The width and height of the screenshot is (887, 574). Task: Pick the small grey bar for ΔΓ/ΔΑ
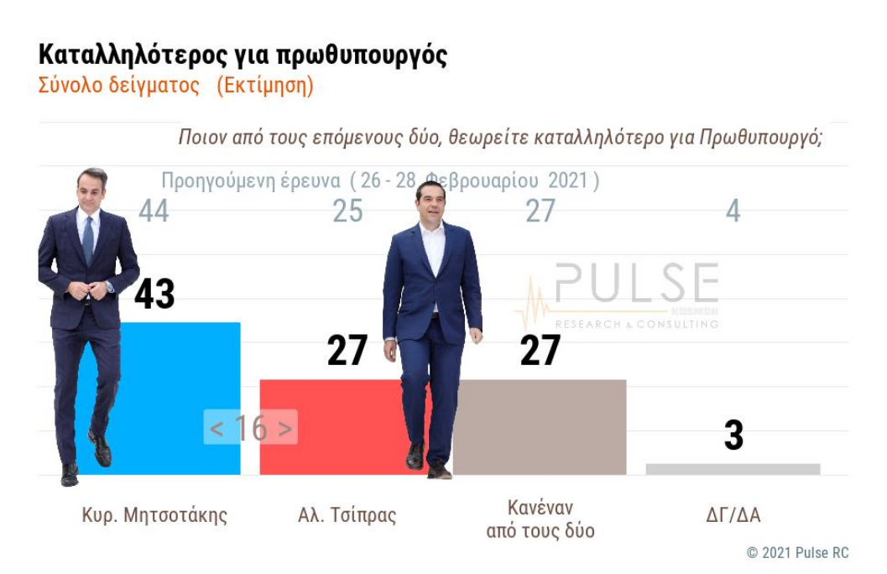pos(733,469)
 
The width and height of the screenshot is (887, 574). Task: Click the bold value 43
pos(154,294)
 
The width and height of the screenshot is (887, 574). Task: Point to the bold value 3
pos(733,436)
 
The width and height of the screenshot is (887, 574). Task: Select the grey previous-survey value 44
pos(154,211)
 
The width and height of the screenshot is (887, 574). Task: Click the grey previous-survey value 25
pos(347,211)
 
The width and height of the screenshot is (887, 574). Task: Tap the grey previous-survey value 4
pos(733,211)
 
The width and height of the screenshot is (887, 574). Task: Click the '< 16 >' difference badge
pos(250,428)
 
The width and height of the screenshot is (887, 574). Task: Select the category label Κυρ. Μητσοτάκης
pos(154,515)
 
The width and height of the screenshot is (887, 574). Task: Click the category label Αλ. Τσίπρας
pos(347,515)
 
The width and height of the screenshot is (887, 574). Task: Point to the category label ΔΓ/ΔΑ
pos(733,515)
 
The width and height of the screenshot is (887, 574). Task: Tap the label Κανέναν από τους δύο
pos(540,519)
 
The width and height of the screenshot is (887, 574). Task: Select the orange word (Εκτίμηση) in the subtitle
pos(264,86)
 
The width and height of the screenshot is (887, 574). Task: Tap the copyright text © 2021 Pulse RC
pos(797,552)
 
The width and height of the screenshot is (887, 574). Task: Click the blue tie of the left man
pos(88,239)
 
